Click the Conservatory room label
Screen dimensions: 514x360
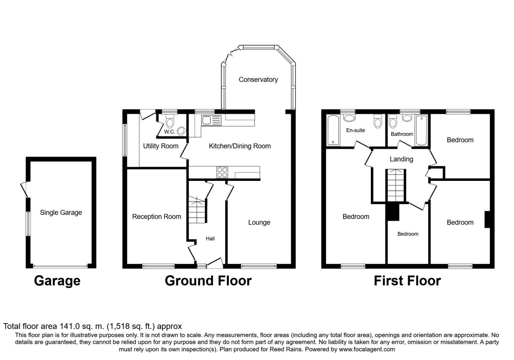[258, 79]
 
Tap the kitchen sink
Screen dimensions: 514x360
[211, 120]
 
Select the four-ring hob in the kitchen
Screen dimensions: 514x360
[222, 172]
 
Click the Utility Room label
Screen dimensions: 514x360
[161, 146]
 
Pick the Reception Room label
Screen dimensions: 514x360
[157, 216]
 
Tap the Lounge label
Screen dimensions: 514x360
[259, 222]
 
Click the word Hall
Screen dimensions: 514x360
[210, 239]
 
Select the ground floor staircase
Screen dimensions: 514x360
[197, 210]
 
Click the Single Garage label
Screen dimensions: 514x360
[61, 213]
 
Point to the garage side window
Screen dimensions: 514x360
[28, 224]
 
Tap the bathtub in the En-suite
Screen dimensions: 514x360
[333, 130]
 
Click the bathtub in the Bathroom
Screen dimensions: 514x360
[421, 130]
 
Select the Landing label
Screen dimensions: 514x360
[401, 159]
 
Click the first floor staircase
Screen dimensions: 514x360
[396, 186]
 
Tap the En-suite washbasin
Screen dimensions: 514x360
[349, 118]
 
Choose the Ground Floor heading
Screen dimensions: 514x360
[208, 281]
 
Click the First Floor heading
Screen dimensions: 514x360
[407, 281]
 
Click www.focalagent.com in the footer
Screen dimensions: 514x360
[367, 349]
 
